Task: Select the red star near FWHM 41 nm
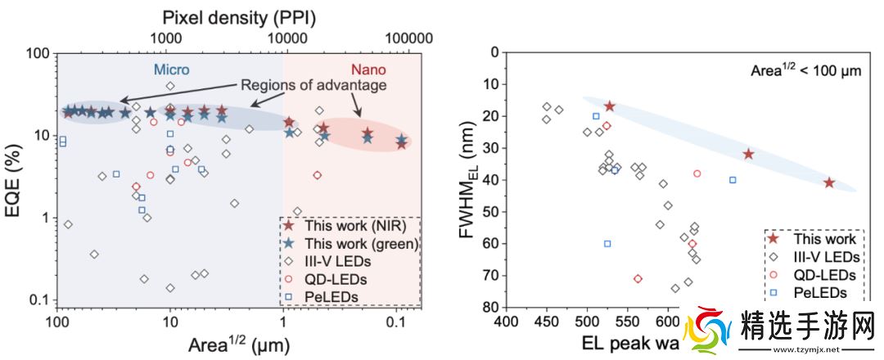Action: [x=829, y=182]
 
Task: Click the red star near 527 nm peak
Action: [x=610, y=106]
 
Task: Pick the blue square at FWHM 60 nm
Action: [x=607, y=243]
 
